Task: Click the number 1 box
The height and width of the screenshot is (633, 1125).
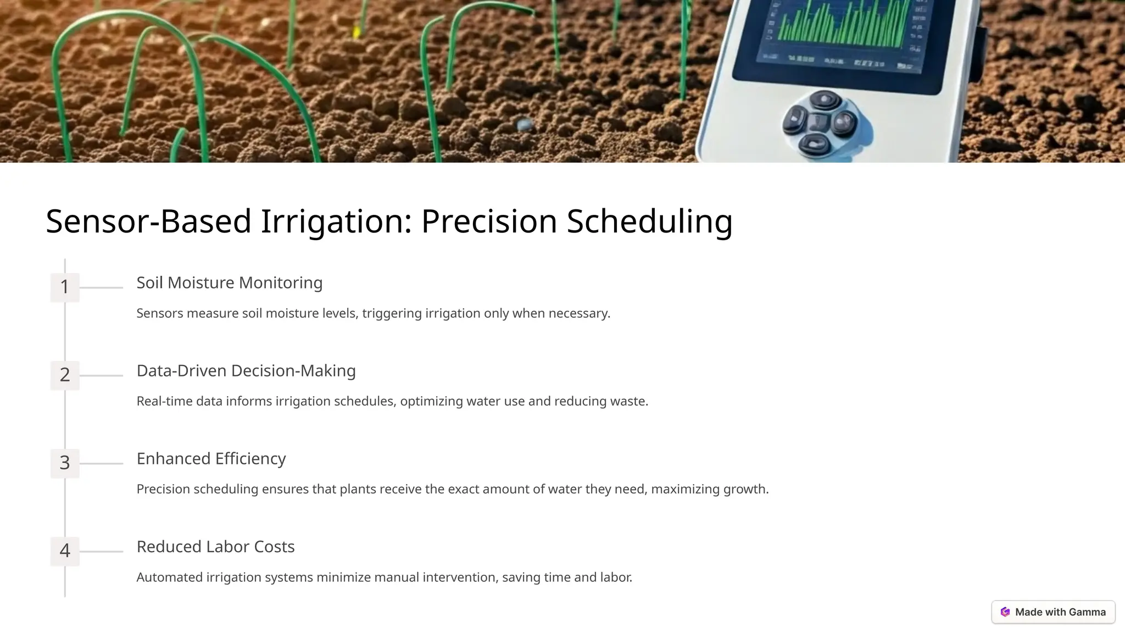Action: click(65, 287)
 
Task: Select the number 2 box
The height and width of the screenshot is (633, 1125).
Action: click(65, 375)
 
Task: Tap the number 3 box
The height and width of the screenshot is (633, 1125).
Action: click(65, 463)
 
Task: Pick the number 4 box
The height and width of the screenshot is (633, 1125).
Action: click(65, 551)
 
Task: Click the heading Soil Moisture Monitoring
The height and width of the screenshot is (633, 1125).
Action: click(229, 282)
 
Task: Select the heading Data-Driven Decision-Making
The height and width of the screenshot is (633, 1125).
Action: click(246, 370)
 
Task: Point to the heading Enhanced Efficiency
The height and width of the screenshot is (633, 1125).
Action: click(211, 458)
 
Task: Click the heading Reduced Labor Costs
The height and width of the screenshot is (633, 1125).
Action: click(215, 546)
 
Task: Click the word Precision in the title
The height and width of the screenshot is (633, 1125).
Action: click(489, 221)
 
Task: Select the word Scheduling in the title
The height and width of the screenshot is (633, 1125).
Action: click(649, 221)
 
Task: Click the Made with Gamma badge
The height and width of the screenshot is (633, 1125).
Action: click(1052, 612)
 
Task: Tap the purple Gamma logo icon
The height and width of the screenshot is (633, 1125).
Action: click(1005, 612)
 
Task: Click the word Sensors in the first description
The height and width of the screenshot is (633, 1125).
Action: click(159, 313)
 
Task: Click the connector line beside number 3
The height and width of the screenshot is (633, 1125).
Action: click(101, 463)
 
